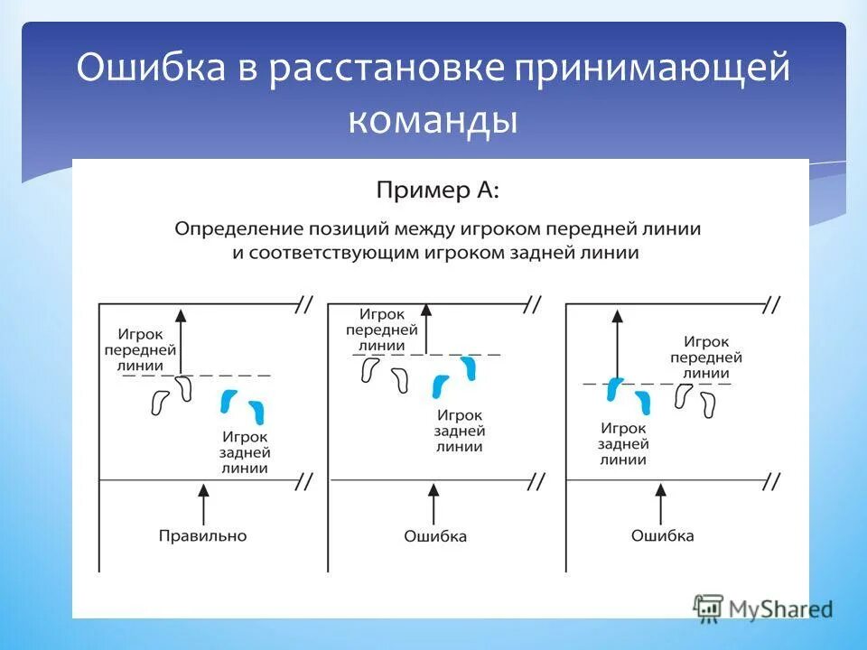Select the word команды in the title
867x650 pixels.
[433, 121]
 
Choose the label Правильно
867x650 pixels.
[202, 535]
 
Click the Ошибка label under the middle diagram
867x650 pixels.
[435, 536]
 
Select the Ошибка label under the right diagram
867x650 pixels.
[662, 535]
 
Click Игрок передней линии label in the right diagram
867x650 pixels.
[705, 357]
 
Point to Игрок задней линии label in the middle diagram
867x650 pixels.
[460, 430]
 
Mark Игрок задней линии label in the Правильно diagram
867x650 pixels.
[244, 452]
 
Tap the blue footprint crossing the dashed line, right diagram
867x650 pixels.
[614, 389]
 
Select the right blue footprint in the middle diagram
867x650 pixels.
[468, 367]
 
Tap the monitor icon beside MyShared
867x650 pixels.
[709, 608]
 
